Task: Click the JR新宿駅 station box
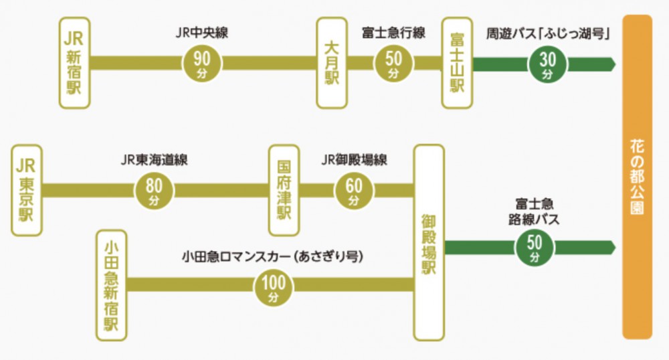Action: pyautogui.click(x=74, y=64)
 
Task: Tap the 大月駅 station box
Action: pyautogui.click(x=332, y=64)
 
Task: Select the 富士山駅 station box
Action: pyautogui.click(x=458, y=64)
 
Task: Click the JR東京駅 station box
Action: pyautogui.click(x=27, y=191)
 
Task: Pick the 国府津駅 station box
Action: pyautogui.click(x=284, y=191)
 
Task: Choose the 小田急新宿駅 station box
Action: pyautogui.click(x=111, y=286)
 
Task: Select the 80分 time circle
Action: pyautogui.click(x=155, y=191)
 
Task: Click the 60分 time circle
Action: pyautogui.click(x=354, y=191)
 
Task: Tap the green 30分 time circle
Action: pyautogui.click(x=547, y=64)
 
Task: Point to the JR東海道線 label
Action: pyautogui.click(x=155, y=160)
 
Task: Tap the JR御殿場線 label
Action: pyautogui.click(x=354, y=160)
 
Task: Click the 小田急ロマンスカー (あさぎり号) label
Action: pyautogui.click(x=272, y=256)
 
